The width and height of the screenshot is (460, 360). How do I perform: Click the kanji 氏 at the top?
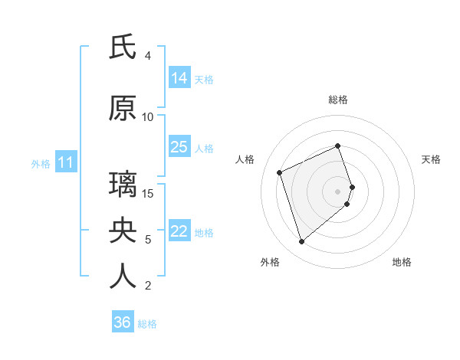pos(123,47)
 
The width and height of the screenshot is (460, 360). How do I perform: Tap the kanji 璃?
pos(123,185)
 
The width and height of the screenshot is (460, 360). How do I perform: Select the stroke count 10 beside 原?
pos(148,117)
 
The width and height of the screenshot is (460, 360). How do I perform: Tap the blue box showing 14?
pos(179,78)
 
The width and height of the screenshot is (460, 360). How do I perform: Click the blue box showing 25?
pos(179,147)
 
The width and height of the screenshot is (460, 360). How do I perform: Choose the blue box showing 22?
pos(179,231)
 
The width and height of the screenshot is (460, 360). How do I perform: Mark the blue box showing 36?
pos(123,322)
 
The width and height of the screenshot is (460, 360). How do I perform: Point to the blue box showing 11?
pos(65,162)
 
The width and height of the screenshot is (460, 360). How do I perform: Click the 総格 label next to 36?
pos(147,324)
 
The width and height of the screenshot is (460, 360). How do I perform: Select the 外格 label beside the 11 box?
pos(40,163)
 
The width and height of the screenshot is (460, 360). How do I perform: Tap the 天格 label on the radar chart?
pos(431,159)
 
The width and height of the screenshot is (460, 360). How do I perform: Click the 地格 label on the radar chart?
pos(402,262)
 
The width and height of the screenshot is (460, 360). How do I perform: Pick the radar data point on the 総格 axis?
pos(338,146)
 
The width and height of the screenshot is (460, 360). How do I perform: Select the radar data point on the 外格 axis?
pos(302,242)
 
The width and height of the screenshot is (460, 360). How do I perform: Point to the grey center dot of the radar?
pos(338,191)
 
